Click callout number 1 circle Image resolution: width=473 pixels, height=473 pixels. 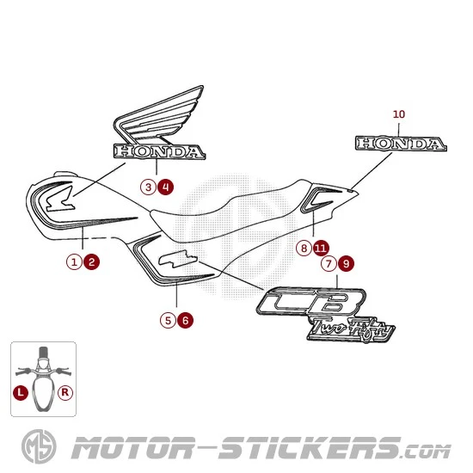click(74, 261)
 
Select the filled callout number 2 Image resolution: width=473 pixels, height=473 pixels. click(92, 261)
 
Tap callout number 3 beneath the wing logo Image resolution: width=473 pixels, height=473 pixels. click(148, 187)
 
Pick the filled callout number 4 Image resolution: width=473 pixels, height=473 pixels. click(166, 187)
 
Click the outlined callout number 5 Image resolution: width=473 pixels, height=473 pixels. click(168, 321)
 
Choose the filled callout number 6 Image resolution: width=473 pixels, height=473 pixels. click(186, 321)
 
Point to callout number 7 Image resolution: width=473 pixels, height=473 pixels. click(329, 264)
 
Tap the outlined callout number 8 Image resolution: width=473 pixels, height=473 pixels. click(304, 249)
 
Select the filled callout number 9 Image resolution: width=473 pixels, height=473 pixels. click(347, 264)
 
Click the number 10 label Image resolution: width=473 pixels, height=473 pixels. click(399, 114)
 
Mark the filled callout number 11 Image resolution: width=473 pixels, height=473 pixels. click(321, 249)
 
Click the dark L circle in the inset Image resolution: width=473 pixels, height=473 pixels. click(21, 393)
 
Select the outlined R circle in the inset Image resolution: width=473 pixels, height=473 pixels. click(65, 393)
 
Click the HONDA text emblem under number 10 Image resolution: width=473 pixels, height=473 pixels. click(401, 144)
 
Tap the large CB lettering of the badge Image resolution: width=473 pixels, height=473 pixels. click(311, 301)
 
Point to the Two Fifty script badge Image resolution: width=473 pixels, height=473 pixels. click(352, 329)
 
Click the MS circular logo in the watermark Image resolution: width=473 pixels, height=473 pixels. click(39, 446)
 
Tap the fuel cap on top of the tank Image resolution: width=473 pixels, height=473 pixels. click(64, 175)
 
